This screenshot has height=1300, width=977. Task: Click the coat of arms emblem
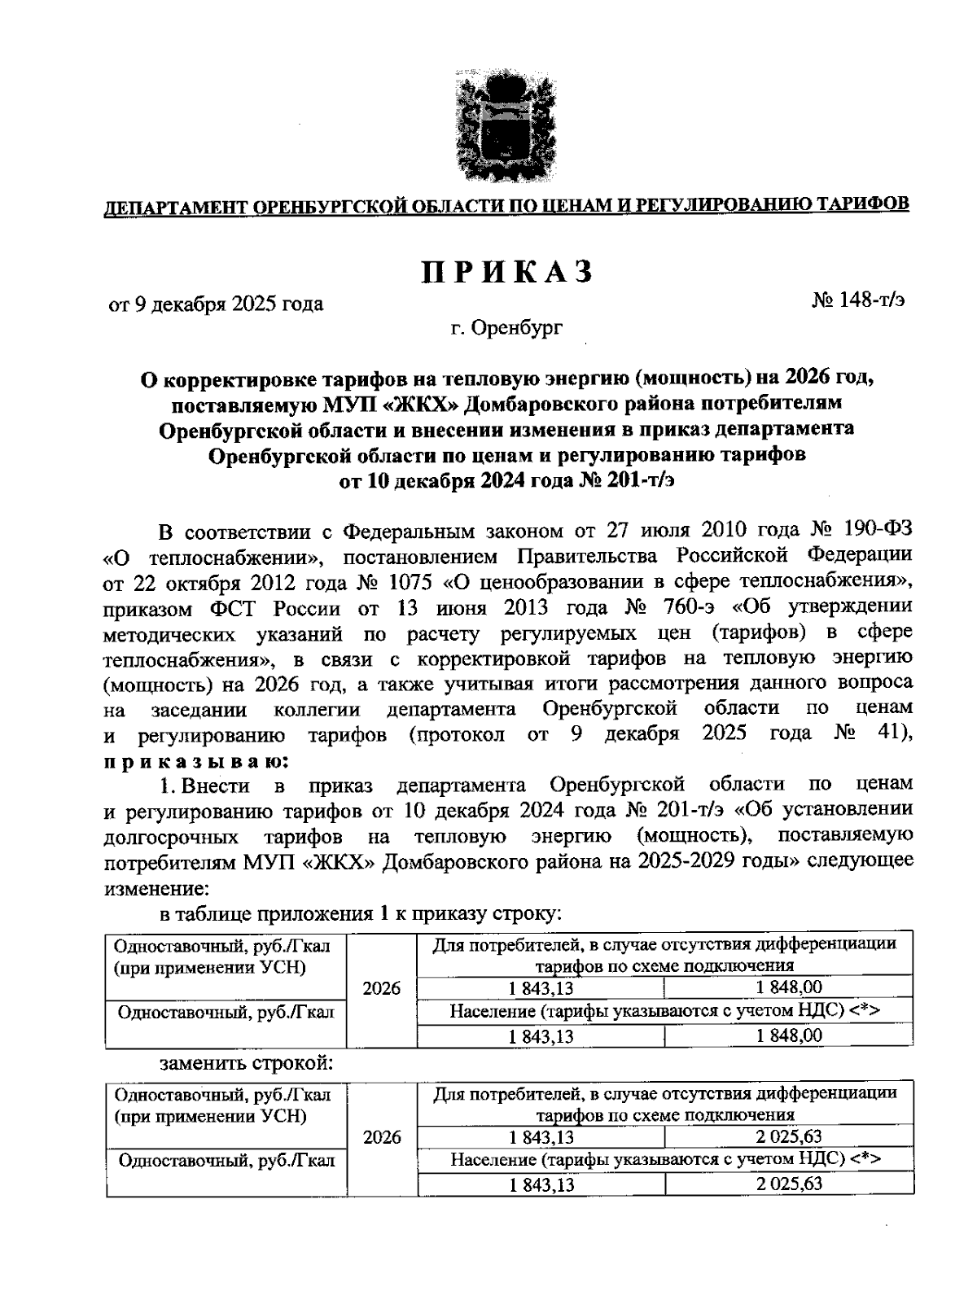[x=500, y=126]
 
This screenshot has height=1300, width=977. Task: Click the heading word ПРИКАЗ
[x=506, y=273]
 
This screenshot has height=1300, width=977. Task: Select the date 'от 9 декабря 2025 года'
[x=216, y=304]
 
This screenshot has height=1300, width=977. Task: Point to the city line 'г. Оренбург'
[x=506, y=328]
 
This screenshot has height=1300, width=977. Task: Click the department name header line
[x=506, y=204]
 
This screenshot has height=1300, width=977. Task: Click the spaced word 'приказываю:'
[x=195, y=760]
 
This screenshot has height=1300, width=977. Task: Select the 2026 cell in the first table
[x=381, y=988]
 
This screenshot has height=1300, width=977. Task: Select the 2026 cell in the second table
[x=381, y=1137]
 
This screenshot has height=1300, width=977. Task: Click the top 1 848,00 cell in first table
[x=787, y=987]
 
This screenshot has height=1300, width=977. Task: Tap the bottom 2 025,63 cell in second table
[x=787, y=1184]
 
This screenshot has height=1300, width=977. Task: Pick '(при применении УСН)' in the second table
[x=209, y=1115]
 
